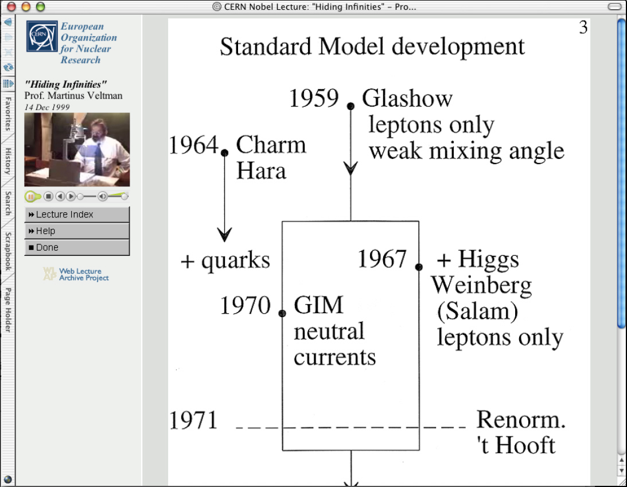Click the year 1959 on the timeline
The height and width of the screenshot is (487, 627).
point(314,98)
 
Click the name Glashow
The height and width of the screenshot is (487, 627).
point(407,98)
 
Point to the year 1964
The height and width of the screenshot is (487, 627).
point(193,145)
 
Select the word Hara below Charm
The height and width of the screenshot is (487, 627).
point(261,171)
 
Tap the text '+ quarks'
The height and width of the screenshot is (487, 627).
point(225,260)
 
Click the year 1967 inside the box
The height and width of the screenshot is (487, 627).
point(382,259)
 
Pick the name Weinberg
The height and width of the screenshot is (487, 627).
point(481,286)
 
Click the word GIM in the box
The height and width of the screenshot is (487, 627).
point(319,306)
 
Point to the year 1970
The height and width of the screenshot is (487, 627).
point(246,306)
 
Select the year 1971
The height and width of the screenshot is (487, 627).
point(193,420)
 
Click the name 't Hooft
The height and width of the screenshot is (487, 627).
point(516,446)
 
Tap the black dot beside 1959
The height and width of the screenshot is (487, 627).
point(351,106)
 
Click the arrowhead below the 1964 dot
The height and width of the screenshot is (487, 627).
point(224,235)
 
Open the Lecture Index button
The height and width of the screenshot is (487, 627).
point(77,215)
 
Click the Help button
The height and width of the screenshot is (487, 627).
point(77,231)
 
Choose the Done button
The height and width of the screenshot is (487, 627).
point(77,247)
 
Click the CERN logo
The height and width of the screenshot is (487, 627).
point(42,36)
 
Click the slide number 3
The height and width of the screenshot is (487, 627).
point(583,28)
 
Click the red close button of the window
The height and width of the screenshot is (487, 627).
point(11,6)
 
